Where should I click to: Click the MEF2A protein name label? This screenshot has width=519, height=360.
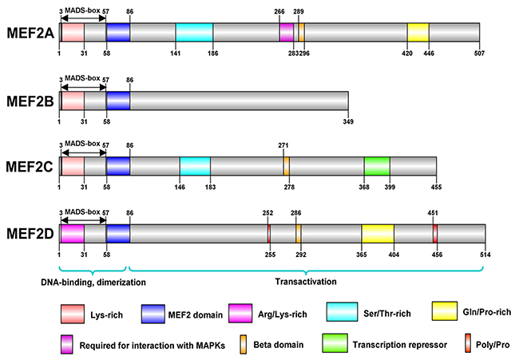(x=27, y=32)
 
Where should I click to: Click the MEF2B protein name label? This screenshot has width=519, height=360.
(x=27, y=101)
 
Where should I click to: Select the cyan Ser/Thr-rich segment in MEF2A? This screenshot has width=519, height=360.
(x=194, y=32)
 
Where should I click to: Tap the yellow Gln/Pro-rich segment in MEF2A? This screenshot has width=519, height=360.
(x=418, y=32)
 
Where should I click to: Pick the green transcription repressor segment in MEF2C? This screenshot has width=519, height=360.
(x=377, y=165)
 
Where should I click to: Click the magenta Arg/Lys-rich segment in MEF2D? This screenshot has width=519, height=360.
(x=72, y=233)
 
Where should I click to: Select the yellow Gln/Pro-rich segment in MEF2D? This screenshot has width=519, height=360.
(x=377, y=233)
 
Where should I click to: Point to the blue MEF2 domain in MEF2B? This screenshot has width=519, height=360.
(x=117, y=101)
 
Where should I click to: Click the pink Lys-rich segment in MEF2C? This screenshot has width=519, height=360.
(x=72, y=165)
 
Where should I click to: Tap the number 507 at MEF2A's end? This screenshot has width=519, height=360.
(x=479, y=53)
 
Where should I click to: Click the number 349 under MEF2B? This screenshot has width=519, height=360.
(x=347, y=121)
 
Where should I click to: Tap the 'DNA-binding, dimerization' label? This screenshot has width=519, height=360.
(x=94, y=281)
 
